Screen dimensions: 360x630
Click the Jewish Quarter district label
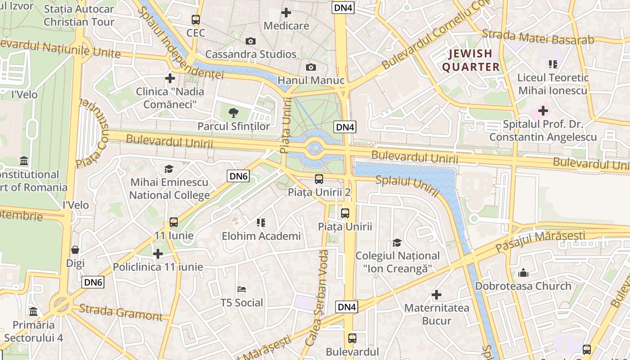tap(471, 60)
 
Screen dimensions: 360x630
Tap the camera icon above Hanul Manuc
tap(310, 67)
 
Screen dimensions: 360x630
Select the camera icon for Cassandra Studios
tap(251, 41)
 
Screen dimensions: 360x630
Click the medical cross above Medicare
tap(286, 13)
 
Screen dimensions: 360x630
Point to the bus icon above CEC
tap(196, 20)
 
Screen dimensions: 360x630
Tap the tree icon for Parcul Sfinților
tap(234, 113)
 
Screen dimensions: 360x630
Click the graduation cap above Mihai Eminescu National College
tap(169, 169)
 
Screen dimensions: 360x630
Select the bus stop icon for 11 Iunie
tap(174, 222)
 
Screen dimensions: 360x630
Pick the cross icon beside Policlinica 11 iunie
tap(158, 254)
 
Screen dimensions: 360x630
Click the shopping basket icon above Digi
tap(75, 250)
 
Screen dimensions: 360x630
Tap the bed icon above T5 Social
tap(242, 289)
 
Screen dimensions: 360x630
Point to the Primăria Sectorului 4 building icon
tap(33, 311)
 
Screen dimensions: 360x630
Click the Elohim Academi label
tap(261, 236)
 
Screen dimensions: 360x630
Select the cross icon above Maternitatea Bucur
tap(436, 295)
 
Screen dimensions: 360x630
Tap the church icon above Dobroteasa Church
tap(523, 273)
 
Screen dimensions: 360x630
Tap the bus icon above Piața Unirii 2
tap(319, 179)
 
